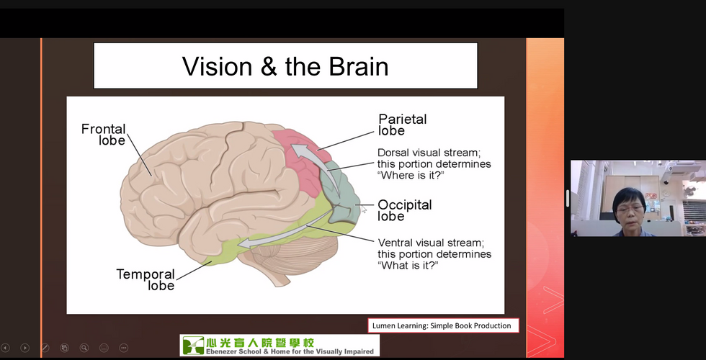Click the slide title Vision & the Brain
285,66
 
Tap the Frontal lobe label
104,135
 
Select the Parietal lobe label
402,125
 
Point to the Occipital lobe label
404,210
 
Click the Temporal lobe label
146,279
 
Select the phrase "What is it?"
408,265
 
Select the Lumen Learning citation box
443,325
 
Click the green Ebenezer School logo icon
193,345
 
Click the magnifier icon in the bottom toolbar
84,348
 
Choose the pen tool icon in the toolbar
45,348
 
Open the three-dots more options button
124,348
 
